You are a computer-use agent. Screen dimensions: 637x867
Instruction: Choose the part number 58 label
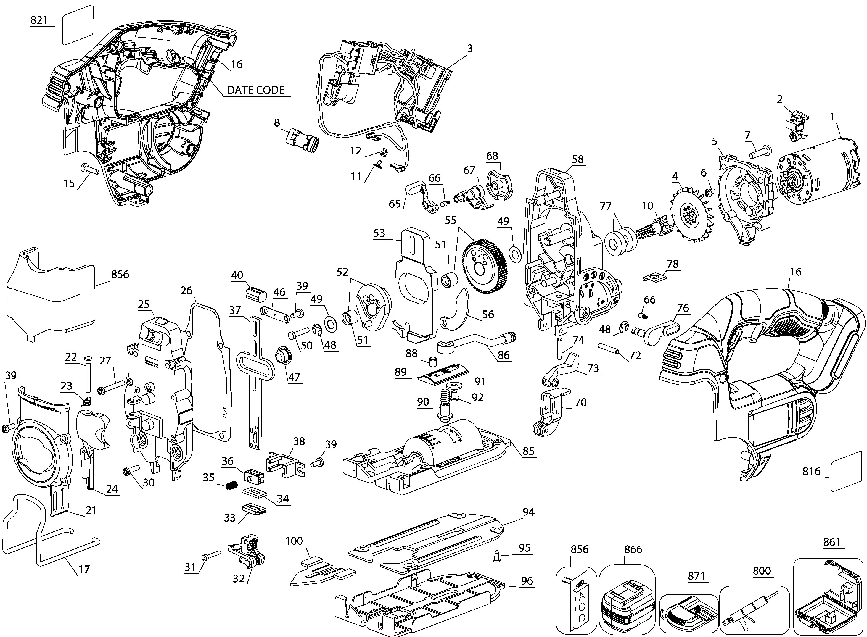578,159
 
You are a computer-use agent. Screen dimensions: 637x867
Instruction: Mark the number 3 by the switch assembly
470,49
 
